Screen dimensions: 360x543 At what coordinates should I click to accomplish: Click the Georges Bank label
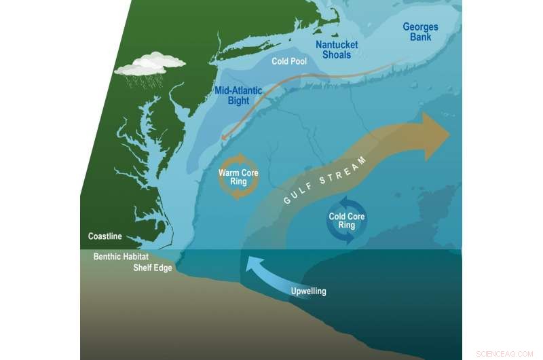coord(420,32)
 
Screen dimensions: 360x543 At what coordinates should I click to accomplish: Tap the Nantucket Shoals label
coord(337,50)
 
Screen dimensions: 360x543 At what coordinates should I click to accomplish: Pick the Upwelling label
coord(308,291)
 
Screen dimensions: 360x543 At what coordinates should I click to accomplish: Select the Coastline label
coord(105,236)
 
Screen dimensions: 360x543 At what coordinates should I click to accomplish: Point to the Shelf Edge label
coord(152,268)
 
